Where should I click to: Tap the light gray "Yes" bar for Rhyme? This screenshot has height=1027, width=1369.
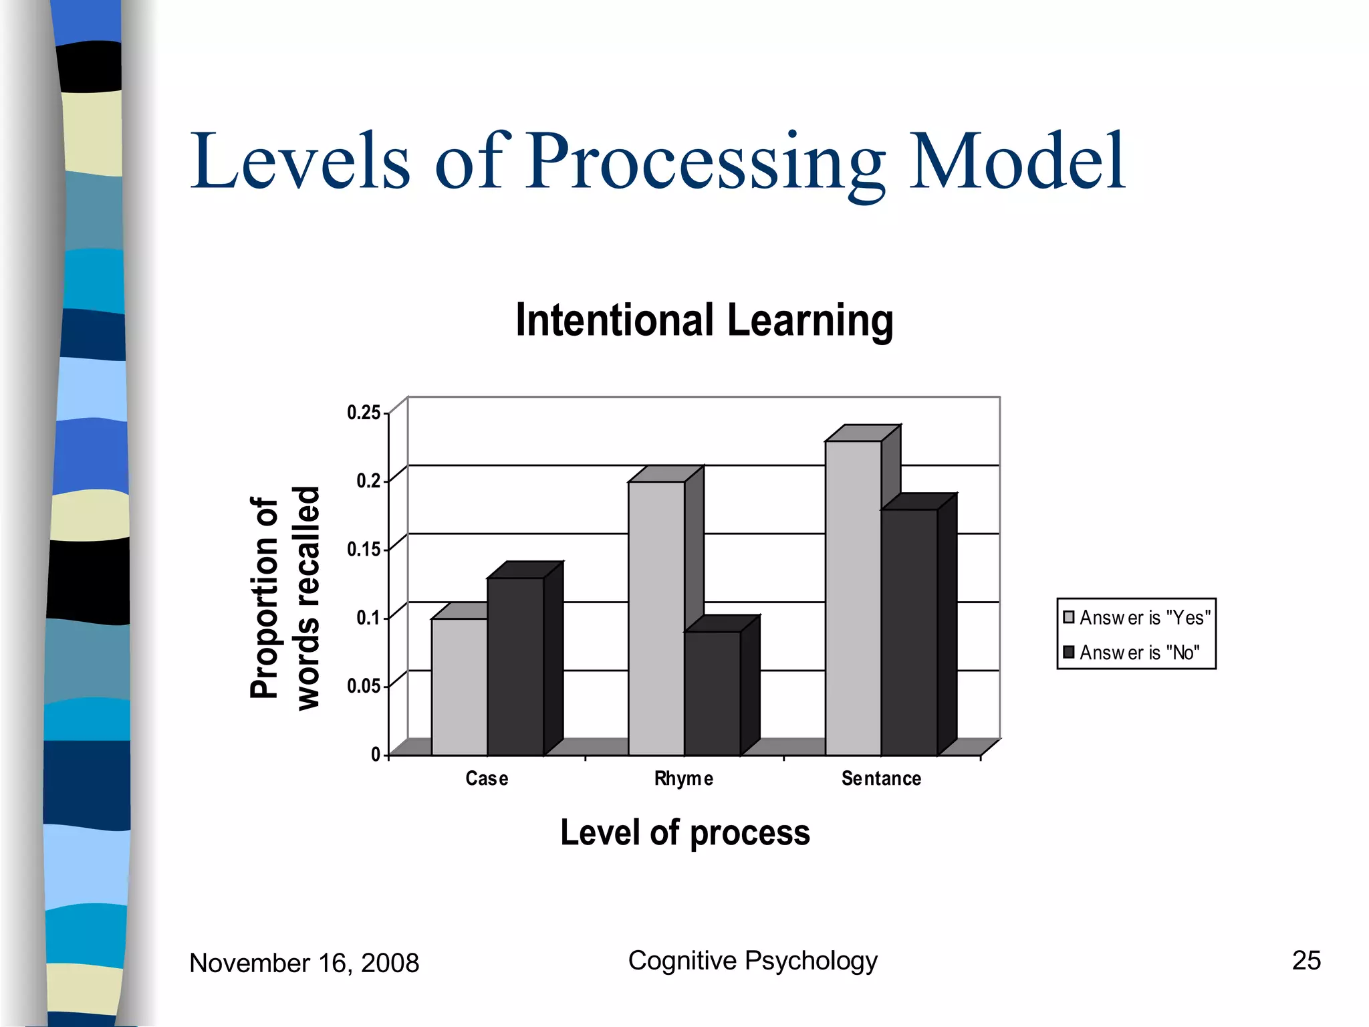pos(656,618)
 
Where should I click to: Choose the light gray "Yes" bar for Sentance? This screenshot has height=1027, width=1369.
pos(853,598)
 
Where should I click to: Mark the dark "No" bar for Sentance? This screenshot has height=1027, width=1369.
pos(909,632)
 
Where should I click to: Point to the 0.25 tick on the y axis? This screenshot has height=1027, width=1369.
pos(364,413)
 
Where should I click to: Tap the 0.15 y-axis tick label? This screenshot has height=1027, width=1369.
pos(364,550)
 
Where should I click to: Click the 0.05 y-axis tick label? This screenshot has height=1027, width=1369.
pos(364,686)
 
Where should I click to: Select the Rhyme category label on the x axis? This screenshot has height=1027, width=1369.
pos(683,778)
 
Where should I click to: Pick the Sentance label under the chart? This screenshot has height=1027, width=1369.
pos(881,778)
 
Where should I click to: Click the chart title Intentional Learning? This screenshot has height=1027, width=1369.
pos(704,320)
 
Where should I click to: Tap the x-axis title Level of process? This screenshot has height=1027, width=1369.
pos(684,832)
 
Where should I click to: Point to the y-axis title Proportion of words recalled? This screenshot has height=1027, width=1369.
pos(284,598)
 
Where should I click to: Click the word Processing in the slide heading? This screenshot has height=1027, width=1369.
pos(705,162)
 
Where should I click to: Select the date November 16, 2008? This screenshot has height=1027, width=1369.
pos(304,963)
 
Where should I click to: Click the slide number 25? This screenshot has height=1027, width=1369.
pos(1306,960)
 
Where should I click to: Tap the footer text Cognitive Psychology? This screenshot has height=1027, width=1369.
pos(753,960)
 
